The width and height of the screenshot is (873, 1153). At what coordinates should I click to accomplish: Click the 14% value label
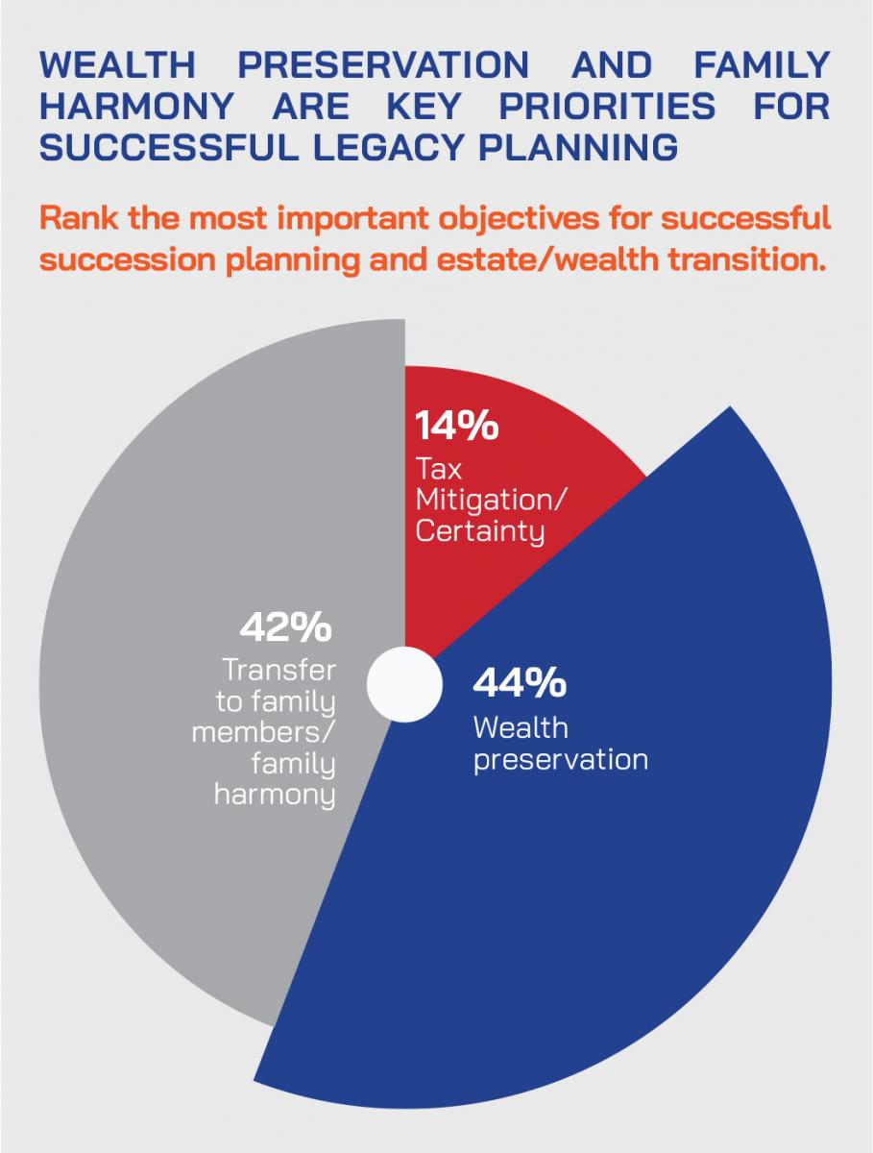[456, 425]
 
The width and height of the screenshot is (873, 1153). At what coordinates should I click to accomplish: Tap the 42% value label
[286, 626]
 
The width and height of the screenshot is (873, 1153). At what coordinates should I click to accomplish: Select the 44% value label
[520, 682]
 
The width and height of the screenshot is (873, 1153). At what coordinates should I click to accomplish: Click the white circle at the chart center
[404, 684]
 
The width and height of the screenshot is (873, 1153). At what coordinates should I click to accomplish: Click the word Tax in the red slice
[438, 468]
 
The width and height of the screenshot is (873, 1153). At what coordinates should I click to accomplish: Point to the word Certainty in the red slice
[480, 531]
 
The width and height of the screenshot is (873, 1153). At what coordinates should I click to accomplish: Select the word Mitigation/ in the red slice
[489, 499]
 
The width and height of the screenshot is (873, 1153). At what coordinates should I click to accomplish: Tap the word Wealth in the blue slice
[521, 727]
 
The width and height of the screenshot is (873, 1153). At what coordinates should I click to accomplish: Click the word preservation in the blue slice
[561, 761]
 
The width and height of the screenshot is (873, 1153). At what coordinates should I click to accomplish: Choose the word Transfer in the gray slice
[279, 670]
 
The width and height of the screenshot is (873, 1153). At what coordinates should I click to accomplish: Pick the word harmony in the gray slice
[275, 795]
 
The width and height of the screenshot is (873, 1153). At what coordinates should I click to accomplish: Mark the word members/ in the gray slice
[263, 732]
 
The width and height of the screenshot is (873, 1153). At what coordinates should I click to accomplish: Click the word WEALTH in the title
[117, 65]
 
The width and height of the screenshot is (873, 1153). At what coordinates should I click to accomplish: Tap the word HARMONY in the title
[137, 106]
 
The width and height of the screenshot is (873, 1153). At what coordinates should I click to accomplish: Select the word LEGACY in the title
[388, 147]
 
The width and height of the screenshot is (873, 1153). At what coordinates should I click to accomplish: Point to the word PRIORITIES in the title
[607, 106]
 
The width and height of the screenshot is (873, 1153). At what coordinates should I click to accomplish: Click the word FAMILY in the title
[763, 65]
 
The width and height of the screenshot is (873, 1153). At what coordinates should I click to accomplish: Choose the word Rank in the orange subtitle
[80, 218]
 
